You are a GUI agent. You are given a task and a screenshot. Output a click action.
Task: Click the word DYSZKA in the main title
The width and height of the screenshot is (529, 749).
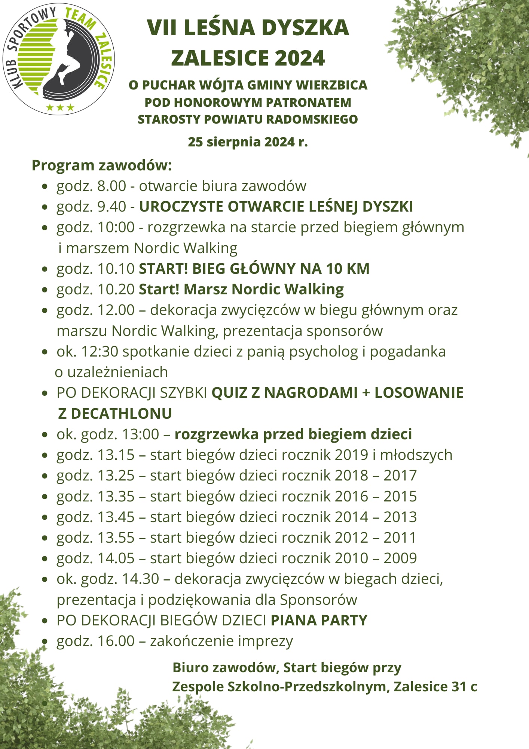(305, 28)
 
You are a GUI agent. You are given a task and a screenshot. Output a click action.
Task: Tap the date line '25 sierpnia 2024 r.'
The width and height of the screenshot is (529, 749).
(248, 142)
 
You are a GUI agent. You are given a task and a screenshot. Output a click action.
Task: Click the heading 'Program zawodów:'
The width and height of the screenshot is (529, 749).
(102, 166)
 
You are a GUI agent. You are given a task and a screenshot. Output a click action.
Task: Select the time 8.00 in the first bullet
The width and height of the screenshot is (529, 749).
(111, 186)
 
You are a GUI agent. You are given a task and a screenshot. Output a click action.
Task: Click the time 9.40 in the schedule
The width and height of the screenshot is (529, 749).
(111, 207)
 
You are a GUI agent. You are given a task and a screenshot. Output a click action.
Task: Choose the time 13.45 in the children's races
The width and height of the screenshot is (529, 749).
(116, 517)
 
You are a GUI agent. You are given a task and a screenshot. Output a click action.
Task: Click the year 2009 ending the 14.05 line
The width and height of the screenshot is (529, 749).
(400, 558)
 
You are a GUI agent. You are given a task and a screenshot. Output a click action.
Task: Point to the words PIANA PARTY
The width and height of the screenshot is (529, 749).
(319, 621)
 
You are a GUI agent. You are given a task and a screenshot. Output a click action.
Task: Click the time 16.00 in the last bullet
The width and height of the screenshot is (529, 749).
(116, 641)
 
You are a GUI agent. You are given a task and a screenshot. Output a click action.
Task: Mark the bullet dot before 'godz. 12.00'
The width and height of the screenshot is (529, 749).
(45, 310)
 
